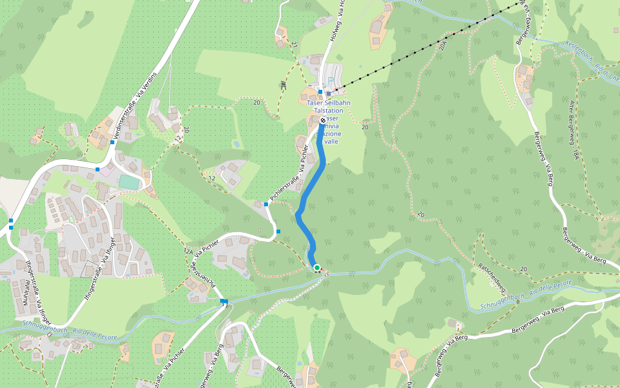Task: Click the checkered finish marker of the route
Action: tap(323, 120)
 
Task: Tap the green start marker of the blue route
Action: tap(316, 267)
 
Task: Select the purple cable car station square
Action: tap(328, 93)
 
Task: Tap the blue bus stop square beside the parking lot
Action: tap(320, 92)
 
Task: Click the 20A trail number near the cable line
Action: tap(442, 45)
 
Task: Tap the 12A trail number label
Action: tap(188, 251)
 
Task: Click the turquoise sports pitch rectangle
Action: tap(129, 182)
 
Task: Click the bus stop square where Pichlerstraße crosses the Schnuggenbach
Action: tap(224, 301)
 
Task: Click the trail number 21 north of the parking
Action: tap(293, 44)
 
